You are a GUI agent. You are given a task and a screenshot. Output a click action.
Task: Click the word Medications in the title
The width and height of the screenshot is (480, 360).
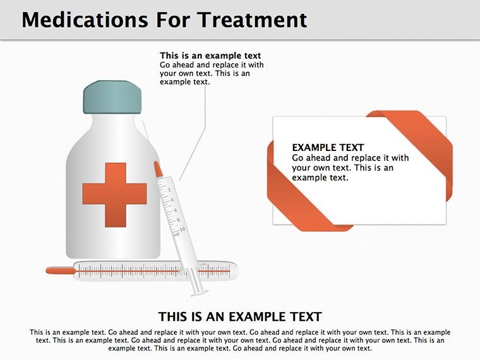point(85,20)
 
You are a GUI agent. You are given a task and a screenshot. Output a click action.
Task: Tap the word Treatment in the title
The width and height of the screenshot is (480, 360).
point(251,20)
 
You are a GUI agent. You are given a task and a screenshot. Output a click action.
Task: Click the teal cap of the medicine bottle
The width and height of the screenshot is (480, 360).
point(112,97)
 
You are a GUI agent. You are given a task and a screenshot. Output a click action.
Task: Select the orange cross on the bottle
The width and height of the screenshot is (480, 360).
point(115,195)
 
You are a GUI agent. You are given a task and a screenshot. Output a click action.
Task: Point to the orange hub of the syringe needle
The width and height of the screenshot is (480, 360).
point(158,169)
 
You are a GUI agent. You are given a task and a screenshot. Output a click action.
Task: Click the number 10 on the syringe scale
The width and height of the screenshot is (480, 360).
point(183,229)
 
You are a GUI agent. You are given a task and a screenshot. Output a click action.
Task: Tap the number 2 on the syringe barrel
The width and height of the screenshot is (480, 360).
point(169,190)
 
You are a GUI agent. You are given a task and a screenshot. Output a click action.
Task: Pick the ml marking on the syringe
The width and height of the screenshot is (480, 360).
point(176,235)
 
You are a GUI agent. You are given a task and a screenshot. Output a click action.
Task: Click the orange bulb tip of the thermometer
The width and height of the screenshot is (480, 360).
point(61,270)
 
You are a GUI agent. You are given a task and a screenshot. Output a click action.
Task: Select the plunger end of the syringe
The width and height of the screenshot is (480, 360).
point(200,293)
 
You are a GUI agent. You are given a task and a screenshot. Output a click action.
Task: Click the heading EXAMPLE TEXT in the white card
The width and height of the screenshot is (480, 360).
point(328,148)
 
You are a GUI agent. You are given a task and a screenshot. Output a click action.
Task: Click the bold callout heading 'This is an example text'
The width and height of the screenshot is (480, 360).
point(210,56)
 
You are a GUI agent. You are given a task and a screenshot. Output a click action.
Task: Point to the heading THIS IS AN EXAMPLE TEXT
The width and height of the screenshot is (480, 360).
point(240,316)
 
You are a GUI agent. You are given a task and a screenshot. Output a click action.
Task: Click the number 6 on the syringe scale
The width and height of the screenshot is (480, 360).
point(176,210)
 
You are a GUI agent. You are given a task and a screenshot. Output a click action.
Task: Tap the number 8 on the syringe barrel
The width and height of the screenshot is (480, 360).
point(179,220)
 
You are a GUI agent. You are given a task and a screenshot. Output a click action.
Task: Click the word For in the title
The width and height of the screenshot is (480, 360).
point(172,20)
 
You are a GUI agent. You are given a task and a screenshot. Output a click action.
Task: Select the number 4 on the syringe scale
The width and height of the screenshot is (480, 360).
point(172,200)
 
